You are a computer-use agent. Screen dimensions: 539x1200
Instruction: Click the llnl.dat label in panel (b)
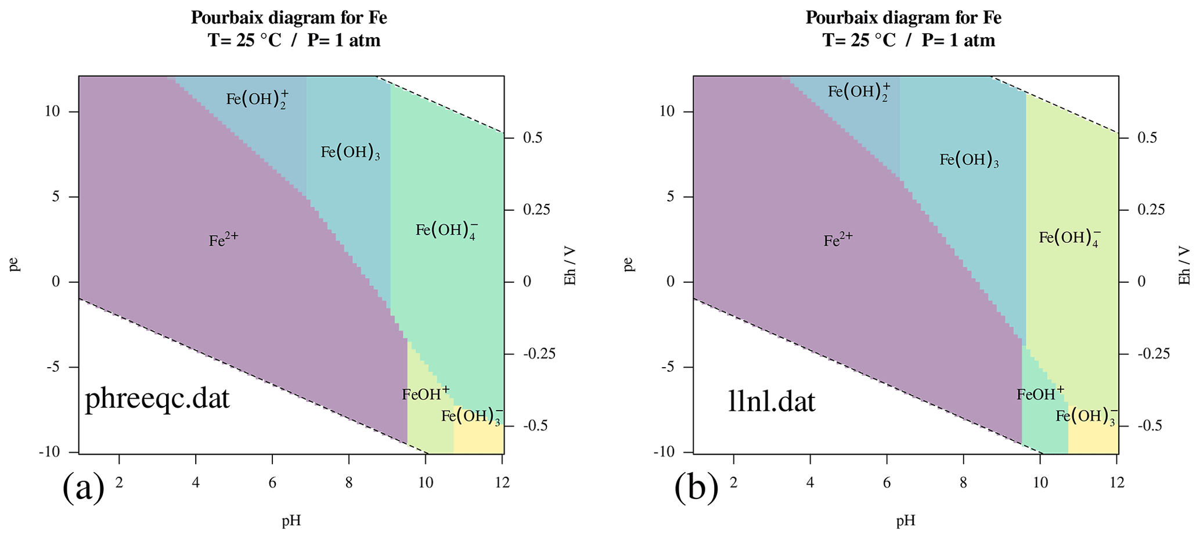(772, 401)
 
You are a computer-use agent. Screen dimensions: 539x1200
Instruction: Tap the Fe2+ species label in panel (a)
(224, 240)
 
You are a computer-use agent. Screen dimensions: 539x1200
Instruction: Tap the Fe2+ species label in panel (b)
(838, 240)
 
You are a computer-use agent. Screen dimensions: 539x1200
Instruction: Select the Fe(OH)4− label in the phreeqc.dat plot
(446, 231)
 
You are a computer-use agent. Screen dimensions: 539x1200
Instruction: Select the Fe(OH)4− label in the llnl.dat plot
(1069, 238)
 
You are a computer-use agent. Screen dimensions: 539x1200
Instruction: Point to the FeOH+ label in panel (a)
(426, 394)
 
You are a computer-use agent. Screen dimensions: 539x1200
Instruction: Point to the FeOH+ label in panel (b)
(1040, 394)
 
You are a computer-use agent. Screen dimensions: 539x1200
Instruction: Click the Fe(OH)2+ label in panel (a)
(257, 99)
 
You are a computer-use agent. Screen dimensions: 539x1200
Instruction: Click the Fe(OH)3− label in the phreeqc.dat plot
(471, 416)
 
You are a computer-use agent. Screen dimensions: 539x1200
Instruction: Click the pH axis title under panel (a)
(291, 521)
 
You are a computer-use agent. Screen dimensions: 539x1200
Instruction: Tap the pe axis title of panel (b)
(628, 264)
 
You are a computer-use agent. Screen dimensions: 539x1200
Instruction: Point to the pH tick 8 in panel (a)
(349, 466)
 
